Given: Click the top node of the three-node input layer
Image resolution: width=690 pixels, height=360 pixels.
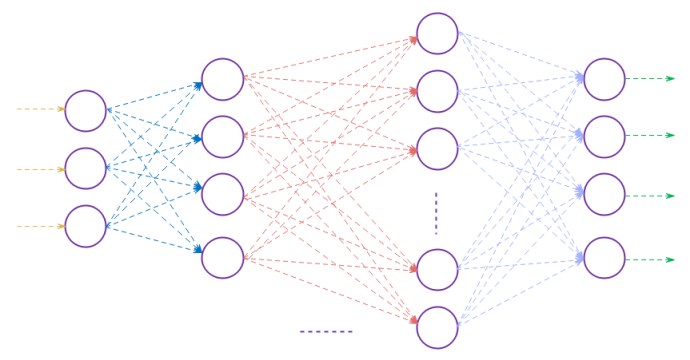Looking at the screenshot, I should (x=86, y=111).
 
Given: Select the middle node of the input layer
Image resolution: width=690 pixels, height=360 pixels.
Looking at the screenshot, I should (x=86, y=169).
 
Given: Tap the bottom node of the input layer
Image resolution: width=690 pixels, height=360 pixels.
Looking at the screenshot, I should (x=86, y=226).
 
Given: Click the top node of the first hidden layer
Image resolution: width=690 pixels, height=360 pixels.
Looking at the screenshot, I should (x=223, y=80).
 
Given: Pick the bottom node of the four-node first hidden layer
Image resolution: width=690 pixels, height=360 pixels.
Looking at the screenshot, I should (x=223, y=258).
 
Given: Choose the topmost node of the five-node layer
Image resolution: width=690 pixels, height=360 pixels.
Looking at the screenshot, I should (x=437, y=33).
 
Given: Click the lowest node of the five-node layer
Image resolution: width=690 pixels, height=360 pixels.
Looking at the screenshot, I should (x=437, y=327).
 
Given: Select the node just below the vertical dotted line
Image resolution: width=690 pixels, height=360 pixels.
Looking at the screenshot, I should (x=437, y=269).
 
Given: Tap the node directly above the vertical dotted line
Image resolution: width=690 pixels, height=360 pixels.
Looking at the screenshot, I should (x=437, y=149).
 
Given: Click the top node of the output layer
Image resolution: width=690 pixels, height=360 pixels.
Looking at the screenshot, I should (x=604, y=79).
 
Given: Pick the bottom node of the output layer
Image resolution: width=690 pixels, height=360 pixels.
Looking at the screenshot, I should (x=604, y=258).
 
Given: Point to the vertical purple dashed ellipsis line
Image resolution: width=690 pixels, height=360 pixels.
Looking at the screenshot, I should (x=436, y=212).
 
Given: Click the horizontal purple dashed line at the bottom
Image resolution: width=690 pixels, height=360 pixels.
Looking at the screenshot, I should (x=326, y=331).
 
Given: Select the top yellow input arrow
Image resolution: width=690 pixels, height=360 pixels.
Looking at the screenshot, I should (x=41, y=109).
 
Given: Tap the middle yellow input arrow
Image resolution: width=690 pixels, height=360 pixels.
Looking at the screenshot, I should (x=41, y=169).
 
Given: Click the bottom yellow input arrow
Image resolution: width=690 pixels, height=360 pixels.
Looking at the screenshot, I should (x=41, y=226).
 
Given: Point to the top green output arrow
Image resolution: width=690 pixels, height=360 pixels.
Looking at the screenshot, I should (x=650, y=78).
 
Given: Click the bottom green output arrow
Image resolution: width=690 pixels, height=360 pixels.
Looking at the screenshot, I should (x=650, y=259).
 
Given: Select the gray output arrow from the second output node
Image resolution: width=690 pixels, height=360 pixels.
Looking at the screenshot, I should (x=650, y=135).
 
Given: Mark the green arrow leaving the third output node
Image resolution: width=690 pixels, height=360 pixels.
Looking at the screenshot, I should (x=650, y=196).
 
